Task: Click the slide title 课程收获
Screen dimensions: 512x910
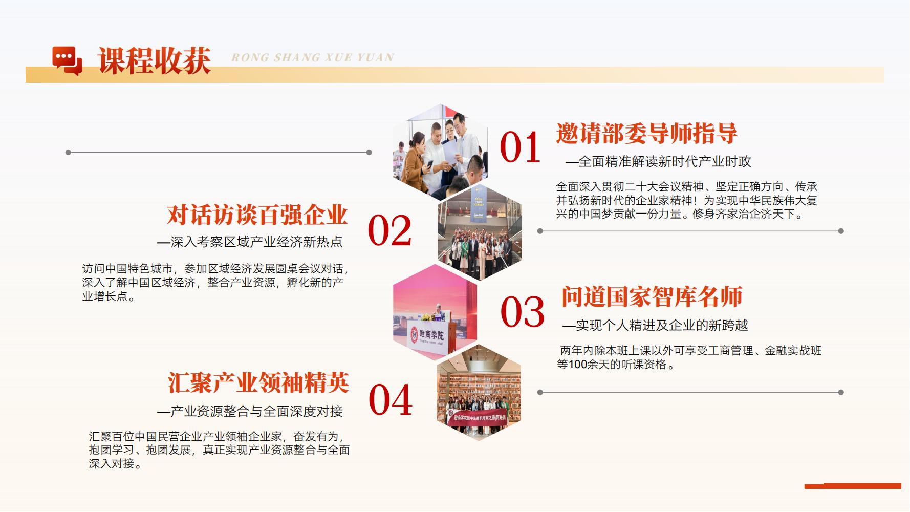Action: click(x=155, y=61)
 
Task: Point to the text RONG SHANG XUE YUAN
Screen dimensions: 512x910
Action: click(x=313, y=58)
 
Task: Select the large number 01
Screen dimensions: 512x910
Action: click(x=520, y=147)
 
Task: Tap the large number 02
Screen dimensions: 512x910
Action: click(x=389, y=230)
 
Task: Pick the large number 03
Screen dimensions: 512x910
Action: click(x=522, y=312)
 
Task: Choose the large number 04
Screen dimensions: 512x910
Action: click(x=391, y=400)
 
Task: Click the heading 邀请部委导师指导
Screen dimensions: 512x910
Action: click(x=647, y=133)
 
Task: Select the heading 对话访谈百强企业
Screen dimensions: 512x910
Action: click(x=257, y=215)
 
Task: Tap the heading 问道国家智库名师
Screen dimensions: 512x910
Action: click(x=652, y=297)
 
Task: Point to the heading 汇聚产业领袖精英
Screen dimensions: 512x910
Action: click(x=258, y=382)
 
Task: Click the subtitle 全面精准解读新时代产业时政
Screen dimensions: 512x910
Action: click(x=659, y=162)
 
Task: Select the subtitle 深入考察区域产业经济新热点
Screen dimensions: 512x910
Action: click(x=250, y=242)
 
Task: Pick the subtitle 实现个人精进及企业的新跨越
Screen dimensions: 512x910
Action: click(x=656, y=325)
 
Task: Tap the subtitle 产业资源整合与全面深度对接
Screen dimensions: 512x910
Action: click(x=250, y=411)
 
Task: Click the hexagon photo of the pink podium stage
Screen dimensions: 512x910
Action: click(x=435, y=312)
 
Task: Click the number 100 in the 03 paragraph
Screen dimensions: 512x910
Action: click(x=578, y=365)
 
